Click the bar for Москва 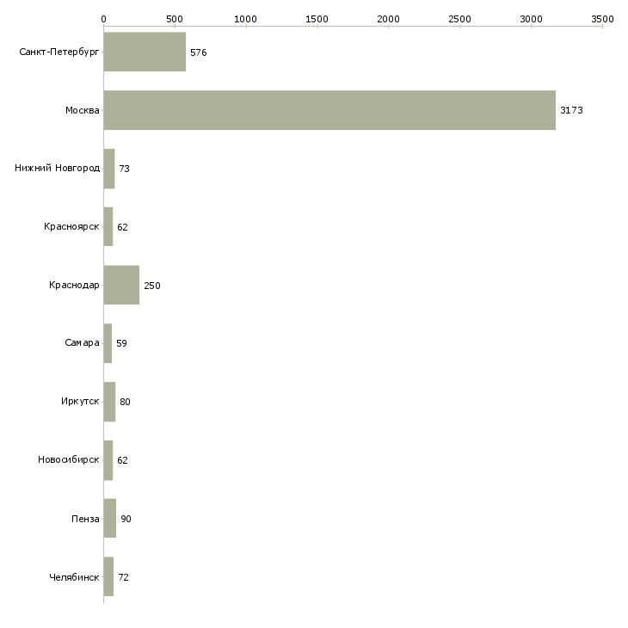tap(329, 110)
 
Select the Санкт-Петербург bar tap(145, 52)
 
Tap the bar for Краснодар tap(121, 285)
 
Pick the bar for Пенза tap(110, 518)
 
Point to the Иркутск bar tap(109, 402)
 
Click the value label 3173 tap(571, 110)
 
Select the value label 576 tap(198, 52)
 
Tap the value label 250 tap(152, 286)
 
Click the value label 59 tap(121, 343)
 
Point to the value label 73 tap(124, 169)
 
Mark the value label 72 tap(123, 577)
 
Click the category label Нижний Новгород tap(57, 168)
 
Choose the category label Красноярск tap(71, 227)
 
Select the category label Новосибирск tap(69, 459)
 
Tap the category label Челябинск tap(74, 577)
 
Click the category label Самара tap(82, 343)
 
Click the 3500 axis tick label tap(602, 19)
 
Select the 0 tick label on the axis tap(104, 19)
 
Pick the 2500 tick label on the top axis tap(459, 19)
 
